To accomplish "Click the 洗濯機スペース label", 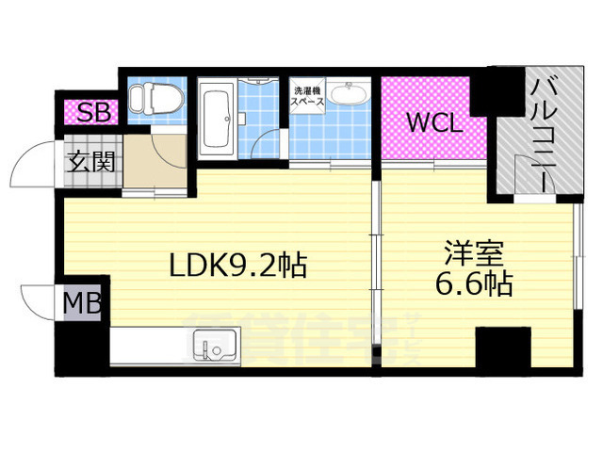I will (x=307, y=95).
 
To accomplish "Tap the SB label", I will (x=93, y=113).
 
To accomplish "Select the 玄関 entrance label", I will (x=90, y=160).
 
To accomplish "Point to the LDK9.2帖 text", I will (x=236, y=266).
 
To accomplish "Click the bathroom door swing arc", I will (x=266, y=146).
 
